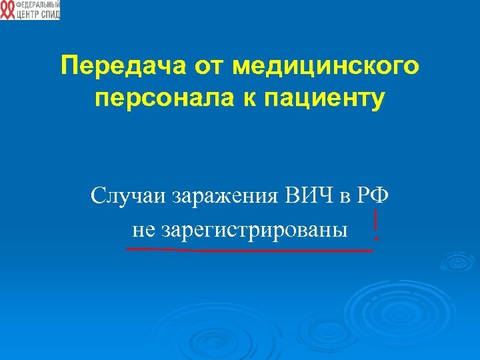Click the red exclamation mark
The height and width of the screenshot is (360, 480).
pyautogui.click(x=377, y=225)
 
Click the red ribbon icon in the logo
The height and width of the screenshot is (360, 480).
pyautogui.click(x=7, y=10)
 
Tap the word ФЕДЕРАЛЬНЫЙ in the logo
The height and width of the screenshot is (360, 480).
pyautogui.click(x=37, y=5)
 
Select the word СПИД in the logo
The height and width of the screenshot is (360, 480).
pyautogui.click(x=50, y=14)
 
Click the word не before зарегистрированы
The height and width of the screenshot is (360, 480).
pyautogui.click(x=143, y=230)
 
